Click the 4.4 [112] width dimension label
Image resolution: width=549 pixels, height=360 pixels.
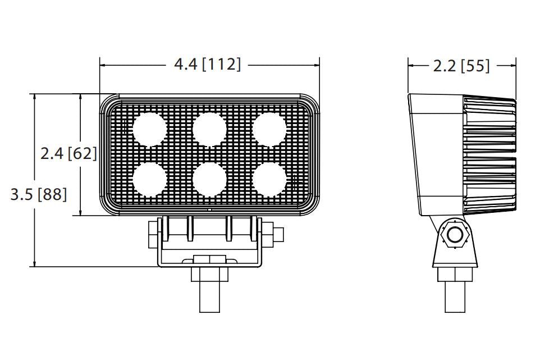(x=208, y=65)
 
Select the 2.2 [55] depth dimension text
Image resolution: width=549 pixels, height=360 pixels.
(x=461, y=66)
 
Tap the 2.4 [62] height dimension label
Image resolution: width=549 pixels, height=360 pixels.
(x=68, y=153)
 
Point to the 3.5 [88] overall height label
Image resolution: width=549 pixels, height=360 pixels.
(x=39, y=194)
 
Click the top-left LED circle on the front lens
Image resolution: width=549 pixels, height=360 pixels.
(x=149, y=129)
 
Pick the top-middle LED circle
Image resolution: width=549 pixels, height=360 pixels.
(x=209, y=129)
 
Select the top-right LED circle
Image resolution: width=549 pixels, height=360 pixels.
(x=269, y=129)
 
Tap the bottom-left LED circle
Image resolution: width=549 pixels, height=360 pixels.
(x=149, y=179)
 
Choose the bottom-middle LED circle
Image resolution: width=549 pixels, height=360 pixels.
(x=209, y=179)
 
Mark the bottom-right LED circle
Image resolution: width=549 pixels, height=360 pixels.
(x=269, y=179)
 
